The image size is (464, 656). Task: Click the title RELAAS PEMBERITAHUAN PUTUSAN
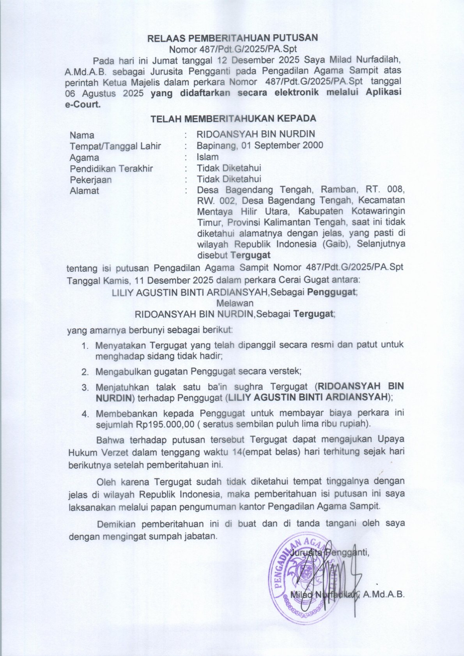click(x=232, y=38)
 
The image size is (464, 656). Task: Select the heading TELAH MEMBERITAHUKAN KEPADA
click(x=233, y=118)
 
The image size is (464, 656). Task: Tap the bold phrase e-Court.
click(x=82, y=104)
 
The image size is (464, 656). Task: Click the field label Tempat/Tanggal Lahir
click(x=115, y=146)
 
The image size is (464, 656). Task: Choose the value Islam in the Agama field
click(x=207, y=157)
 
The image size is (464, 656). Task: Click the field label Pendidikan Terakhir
click(x=111, y=168)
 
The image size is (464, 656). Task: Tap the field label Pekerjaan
click(x=90, y=180)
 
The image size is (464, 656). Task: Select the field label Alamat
click(x=84, y=191)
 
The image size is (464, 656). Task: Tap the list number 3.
click(x=84, y=387)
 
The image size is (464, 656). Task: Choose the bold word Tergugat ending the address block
click(x=250, y=255)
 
